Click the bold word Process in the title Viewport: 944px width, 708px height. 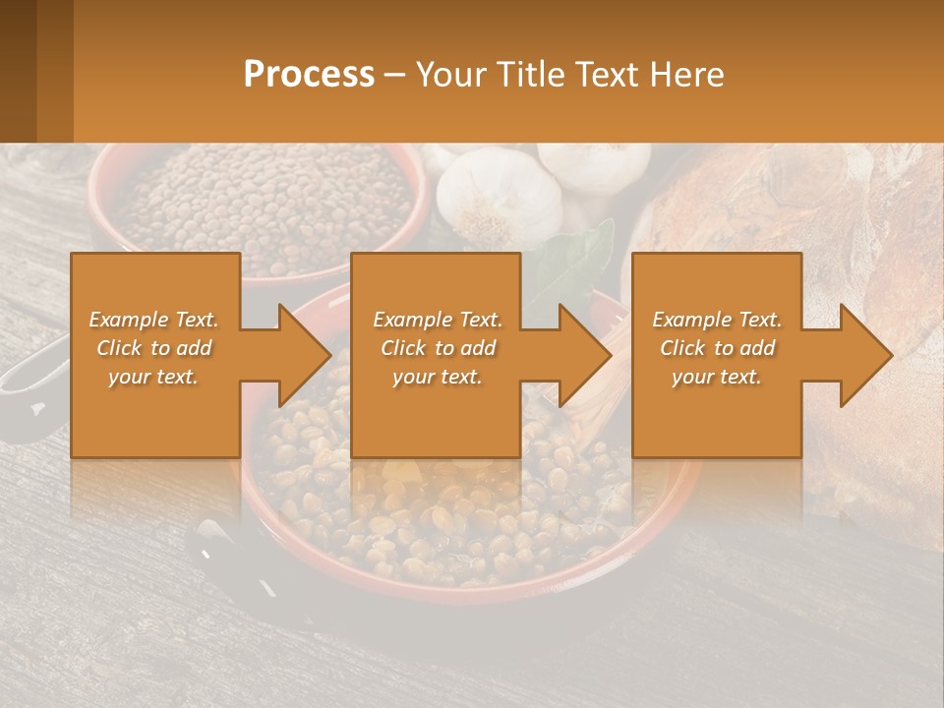[x=309, y=75]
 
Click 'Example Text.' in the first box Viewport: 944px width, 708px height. [x=153, y=320]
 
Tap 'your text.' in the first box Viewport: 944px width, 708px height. [x=153, y=377]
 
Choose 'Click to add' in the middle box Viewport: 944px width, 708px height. [x=438, y=348]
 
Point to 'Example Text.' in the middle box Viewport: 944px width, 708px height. [x=438, y=320]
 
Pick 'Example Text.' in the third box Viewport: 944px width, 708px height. [x=717, y=320]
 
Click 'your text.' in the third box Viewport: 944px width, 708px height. [x=717, y=377]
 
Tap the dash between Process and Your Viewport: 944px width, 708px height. [x=395, y=75]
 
